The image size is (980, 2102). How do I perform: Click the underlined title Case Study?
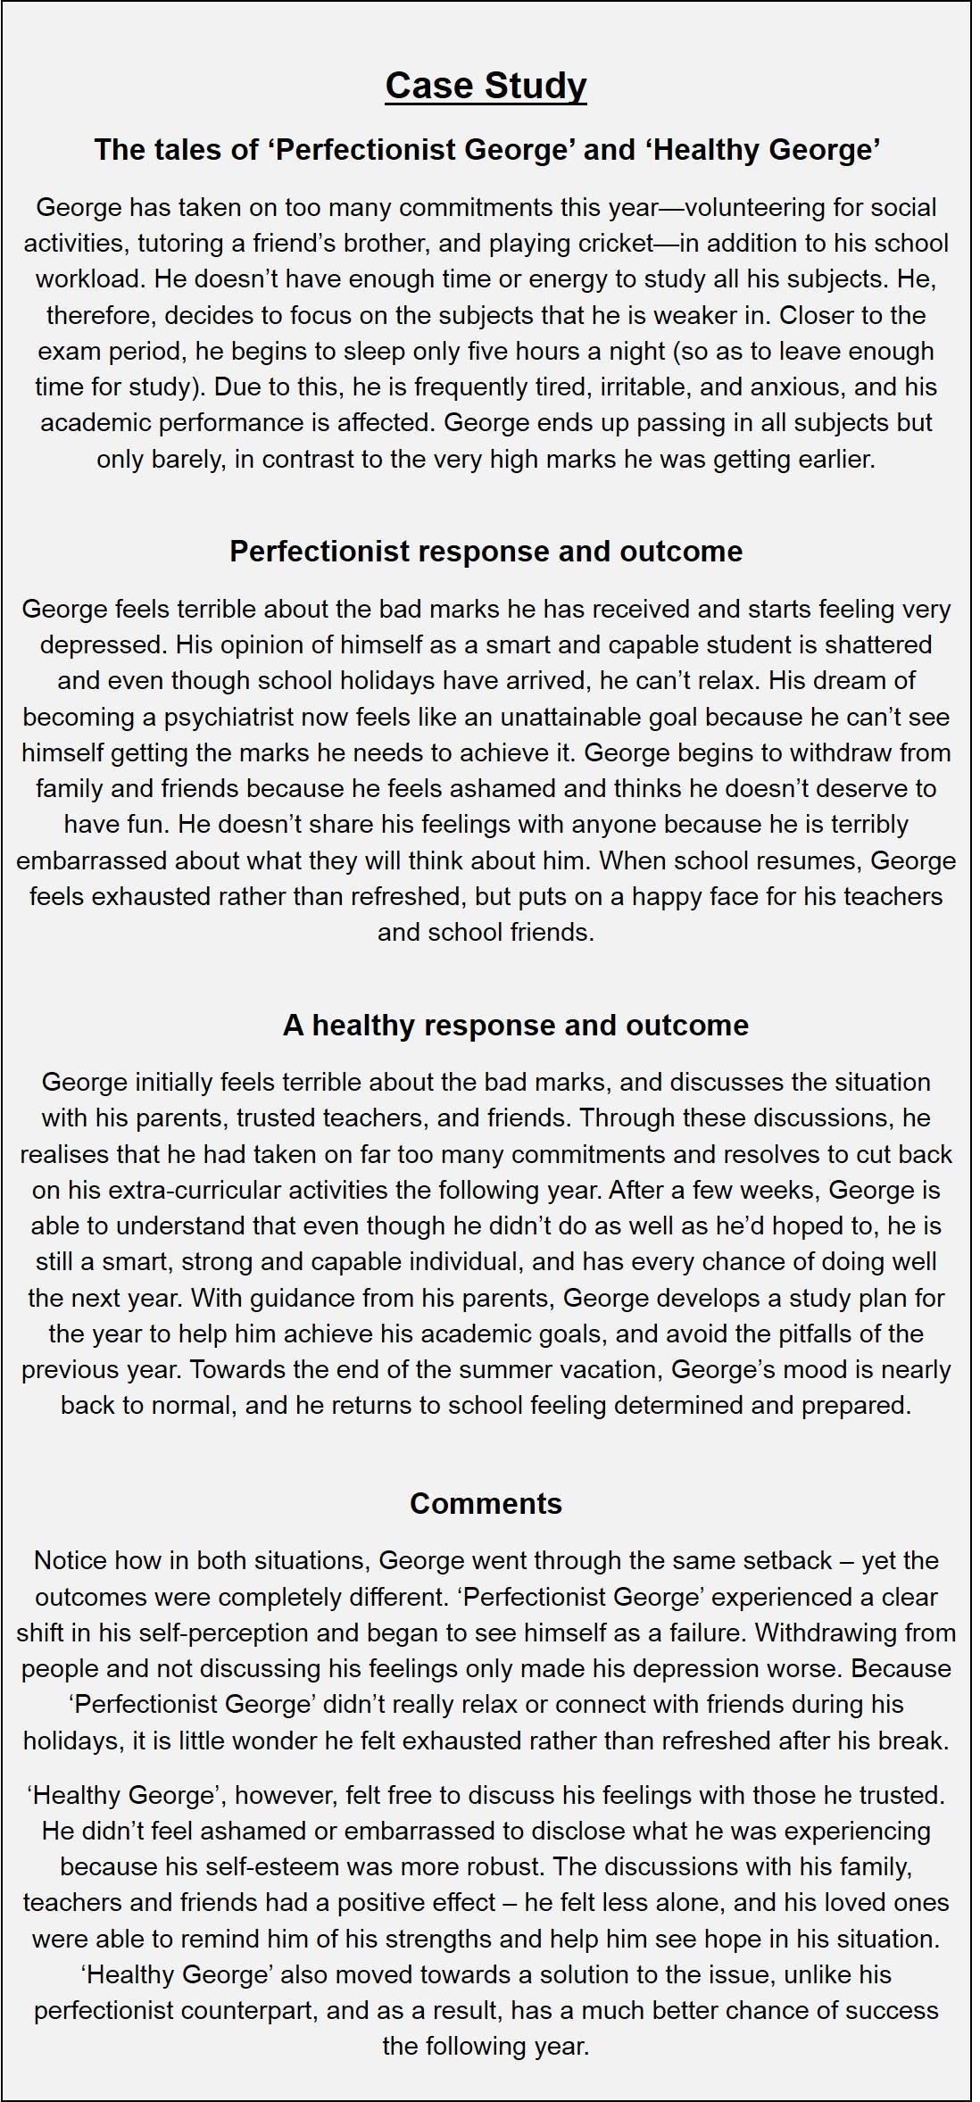486,86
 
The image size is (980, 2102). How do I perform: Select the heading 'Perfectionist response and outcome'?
486,551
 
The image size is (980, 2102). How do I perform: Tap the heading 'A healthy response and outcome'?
515,1025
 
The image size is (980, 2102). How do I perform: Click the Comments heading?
486,1503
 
